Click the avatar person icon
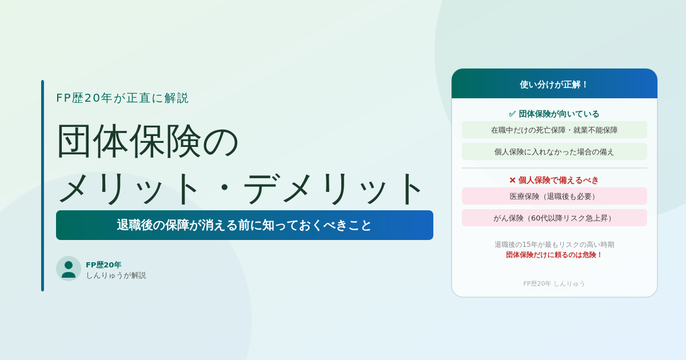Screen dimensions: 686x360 (x=68, y=269)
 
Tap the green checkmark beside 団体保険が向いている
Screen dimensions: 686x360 (x=512, y=114)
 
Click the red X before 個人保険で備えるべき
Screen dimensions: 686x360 (x=512, y=181)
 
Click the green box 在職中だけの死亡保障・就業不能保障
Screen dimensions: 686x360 (x=555, y=130)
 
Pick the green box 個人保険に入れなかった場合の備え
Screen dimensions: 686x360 (x=555, y=151)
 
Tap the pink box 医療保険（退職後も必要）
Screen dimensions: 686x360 (x=555, y=196)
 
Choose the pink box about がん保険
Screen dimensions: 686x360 (x=555, y=218)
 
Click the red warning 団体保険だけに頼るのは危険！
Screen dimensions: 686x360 (x=555, y=255)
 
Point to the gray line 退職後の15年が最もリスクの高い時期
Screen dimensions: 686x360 (x=555, y=245)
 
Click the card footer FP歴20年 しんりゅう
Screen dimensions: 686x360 (x=554, y=283)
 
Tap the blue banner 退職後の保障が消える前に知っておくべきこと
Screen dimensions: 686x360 (x=245, y=225)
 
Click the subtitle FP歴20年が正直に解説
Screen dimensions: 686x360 (x=122, y=98)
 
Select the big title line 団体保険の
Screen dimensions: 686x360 (x=147, y=141)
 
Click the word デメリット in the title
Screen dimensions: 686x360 (x=333, y=189)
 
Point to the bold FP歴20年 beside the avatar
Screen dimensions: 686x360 (x=103, y=265)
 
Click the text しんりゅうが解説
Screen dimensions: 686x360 (x=116, y=275)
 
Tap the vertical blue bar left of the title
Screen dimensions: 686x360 (x=42, y=186)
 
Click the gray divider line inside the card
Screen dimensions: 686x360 (x=555, y=168)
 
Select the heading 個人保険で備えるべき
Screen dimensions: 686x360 (x=559, y=181)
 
